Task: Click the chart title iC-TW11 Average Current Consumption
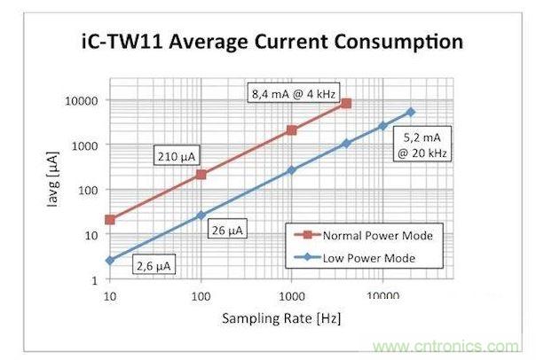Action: [267, 41]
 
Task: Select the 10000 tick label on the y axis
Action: [81, 100]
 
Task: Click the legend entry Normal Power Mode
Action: [369, 236]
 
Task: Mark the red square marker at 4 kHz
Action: [346, 104]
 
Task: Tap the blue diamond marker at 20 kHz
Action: [410, 112]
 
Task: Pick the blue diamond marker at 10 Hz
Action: [110, 261]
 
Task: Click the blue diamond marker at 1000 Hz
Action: [291, 169]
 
